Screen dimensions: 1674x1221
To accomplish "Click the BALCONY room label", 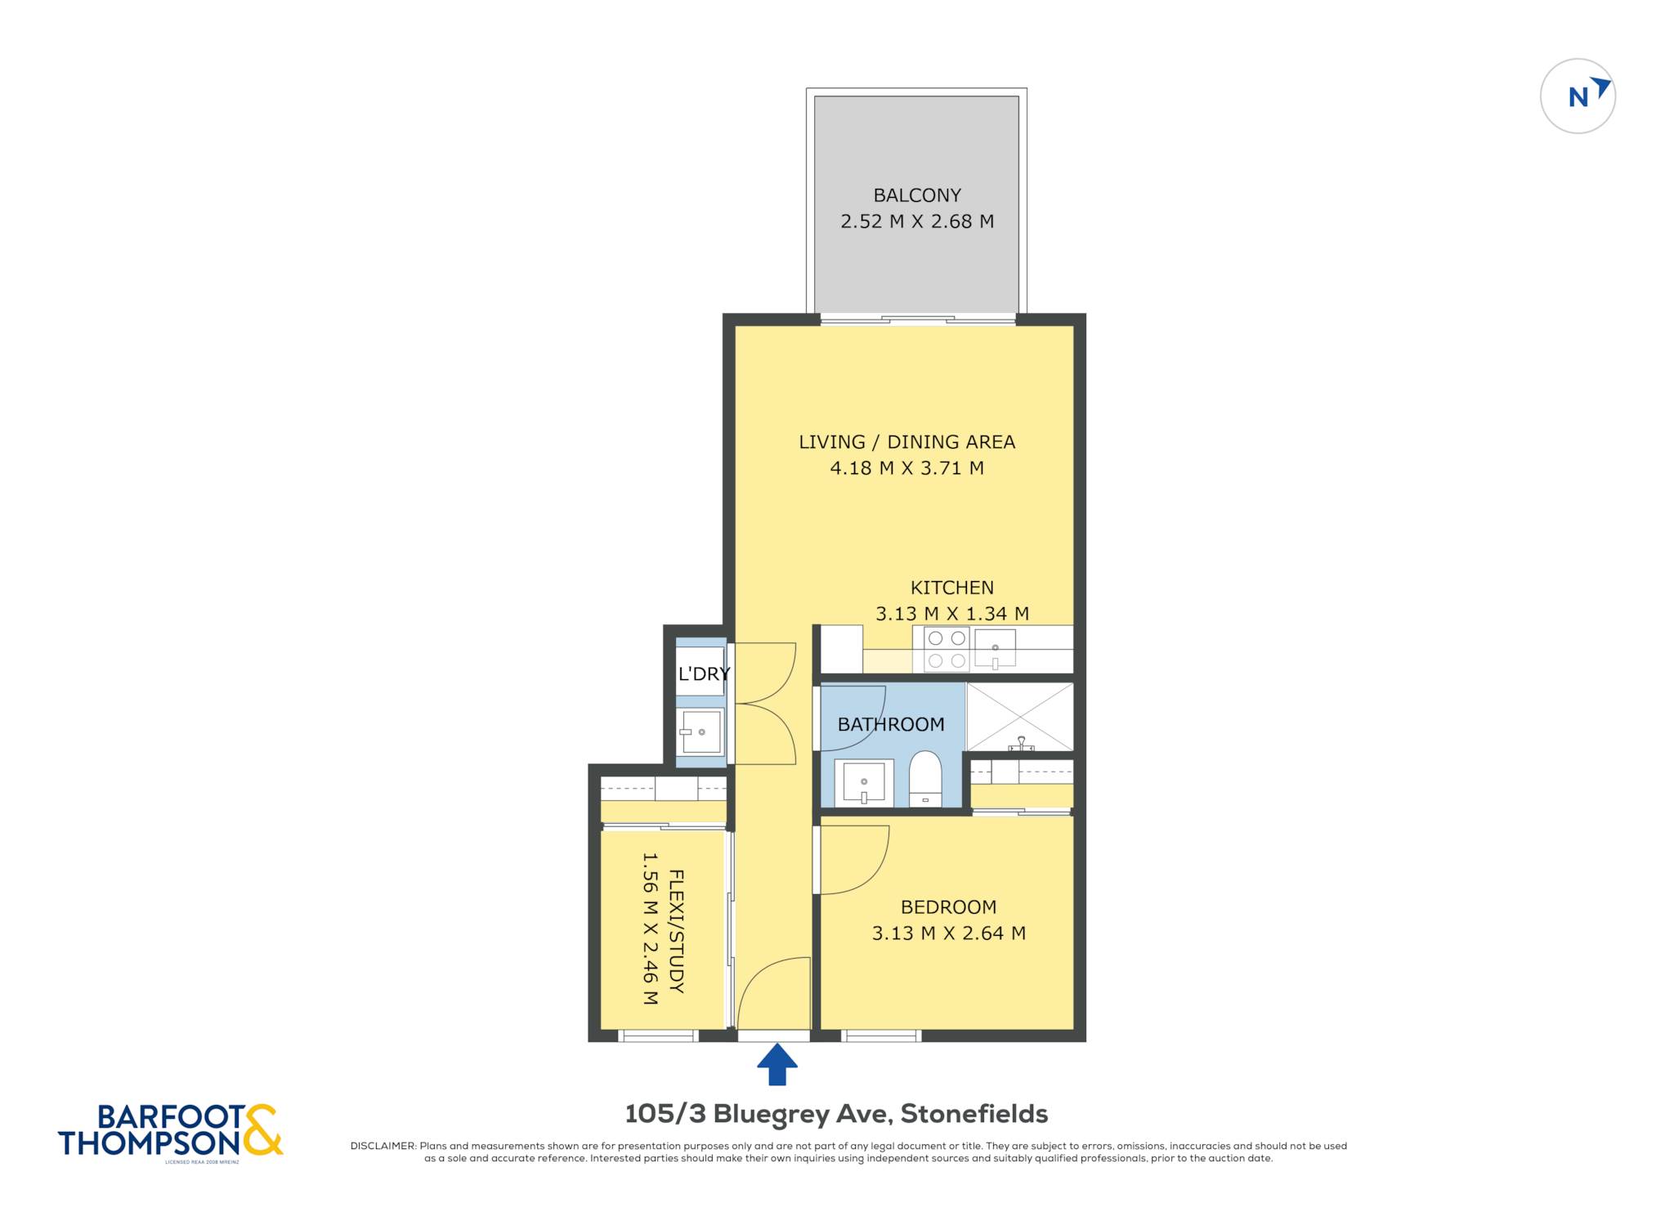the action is click(917, 195).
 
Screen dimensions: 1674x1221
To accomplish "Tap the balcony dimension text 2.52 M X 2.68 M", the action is click(917, 221).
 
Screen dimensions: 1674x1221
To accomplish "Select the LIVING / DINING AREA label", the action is click(906, 442).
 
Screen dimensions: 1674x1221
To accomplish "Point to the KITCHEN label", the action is click(952, 588).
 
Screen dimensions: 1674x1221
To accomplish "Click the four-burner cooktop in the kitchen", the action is click(947, 649).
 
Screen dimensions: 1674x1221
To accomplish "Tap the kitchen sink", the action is click(995, 648).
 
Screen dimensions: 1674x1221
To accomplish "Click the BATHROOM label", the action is click(891, 724).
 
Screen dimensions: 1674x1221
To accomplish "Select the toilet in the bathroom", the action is click(925, 779).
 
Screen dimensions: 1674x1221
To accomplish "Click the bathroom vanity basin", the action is click(864, 783).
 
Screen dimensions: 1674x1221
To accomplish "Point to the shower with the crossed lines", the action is click(1019, 717).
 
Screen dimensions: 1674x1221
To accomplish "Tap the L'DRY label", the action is click(704, 673).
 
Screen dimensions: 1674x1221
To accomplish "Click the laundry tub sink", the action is click(700, 731).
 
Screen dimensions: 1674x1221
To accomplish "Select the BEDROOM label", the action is click(948, 907).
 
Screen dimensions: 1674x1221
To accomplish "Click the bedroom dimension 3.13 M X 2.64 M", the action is click(948, 933).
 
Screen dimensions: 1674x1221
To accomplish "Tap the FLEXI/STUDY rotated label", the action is click(676, 931).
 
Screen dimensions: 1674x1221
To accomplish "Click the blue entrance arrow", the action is click(777, 1064).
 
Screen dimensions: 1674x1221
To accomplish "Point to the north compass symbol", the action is click(1578, 96).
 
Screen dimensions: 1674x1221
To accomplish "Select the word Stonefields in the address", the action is click(974, 1114).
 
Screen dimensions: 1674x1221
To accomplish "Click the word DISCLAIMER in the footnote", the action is click(383, 1146).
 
